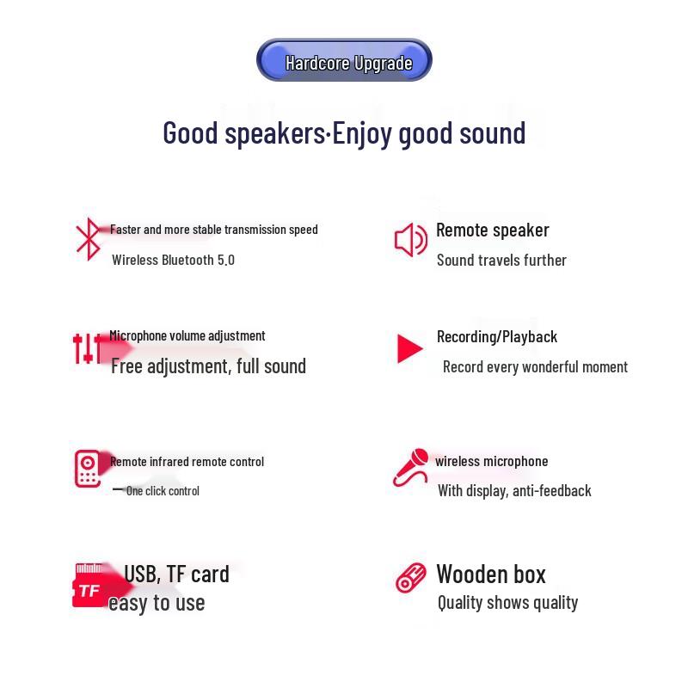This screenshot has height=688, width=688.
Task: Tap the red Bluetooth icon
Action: (x=88, y=239)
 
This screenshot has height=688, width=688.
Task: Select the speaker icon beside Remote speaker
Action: (x=410, y=240)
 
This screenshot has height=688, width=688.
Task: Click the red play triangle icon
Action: (x=410, y=348)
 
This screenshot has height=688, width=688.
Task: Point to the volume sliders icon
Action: (x=86, y=348)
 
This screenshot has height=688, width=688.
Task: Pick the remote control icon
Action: (x=88, y=469)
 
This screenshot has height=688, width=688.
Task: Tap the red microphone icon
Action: (x=410, y=467)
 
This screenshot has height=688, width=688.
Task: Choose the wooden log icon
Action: (x=411, y=577)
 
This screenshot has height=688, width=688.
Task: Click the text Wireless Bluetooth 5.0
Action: (x=173, y=260)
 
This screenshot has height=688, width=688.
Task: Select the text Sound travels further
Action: (x=501, y=260)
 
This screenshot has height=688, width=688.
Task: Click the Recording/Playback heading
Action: (x=497, y=336)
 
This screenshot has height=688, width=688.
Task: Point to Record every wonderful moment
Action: (x=535, y=367)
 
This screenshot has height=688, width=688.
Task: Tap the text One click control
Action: (x=163, y=491)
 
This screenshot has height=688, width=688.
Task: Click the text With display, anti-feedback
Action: (x=514, y=491)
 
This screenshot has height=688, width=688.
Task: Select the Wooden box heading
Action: (x=491, y=574)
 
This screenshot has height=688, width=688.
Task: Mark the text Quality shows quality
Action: (x=507, y=603)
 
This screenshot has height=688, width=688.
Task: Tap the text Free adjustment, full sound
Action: (x=208, y=366)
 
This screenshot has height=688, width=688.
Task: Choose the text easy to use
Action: (x=157, y=603)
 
